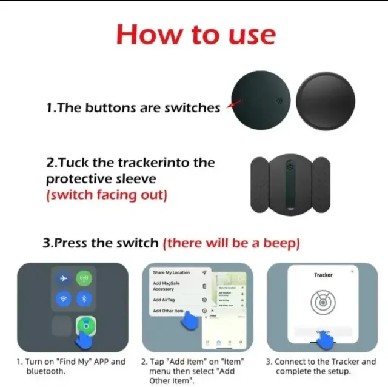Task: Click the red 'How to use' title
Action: (x=195, y=34)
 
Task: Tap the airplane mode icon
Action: (x=62, y=278)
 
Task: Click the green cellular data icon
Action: (x=84, y=278)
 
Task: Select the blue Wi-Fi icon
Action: (x=62, y=298)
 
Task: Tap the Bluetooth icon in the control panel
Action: (x=84, y=298)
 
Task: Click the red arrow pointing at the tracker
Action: (x=230, y=106)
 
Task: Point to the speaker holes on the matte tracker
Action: (x=279, y=101)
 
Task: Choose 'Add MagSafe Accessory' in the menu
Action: (x=167, y=286)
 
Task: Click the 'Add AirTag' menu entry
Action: (x=165, y=300)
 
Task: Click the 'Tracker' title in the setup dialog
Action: (x=323, y=275)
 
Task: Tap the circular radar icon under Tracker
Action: (x=323, y=301)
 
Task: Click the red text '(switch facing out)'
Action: (x=106, y=195)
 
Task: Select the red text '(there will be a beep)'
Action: (x=231, y=243)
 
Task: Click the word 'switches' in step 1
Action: (x=192, y=108)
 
